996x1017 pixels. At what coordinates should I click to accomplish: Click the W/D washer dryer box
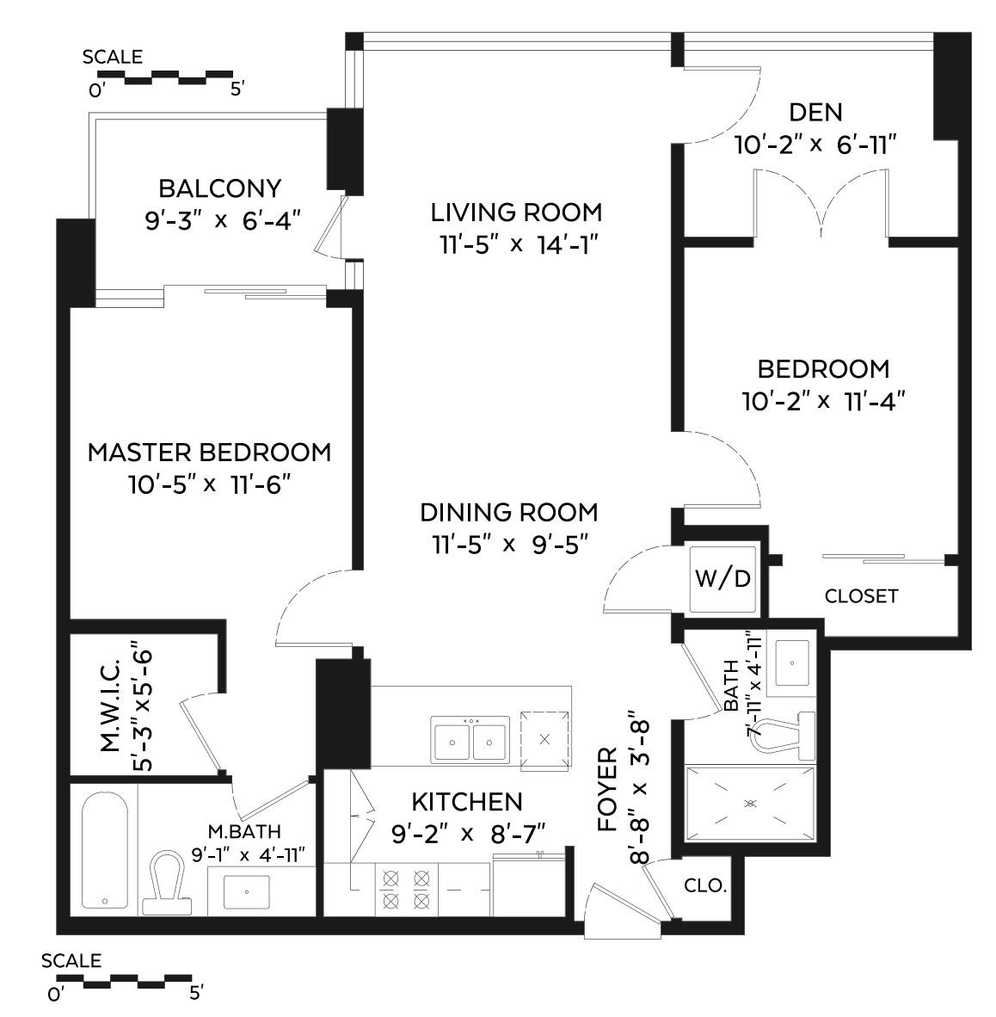(722, 579)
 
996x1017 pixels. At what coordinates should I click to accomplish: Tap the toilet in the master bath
(168, 881)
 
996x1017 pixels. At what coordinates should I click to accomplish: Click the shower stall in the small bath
(749, 803)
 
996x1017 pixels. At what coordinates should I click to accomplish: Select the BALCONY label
(220, 188)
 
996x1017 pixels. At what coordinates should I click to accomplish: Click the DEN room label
(815, 112)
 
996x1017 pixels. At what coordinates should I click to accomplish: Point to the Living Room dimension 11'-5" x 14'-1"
(516, 244)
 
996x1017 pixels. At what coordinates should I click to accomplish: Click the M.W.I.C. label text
(109, 715)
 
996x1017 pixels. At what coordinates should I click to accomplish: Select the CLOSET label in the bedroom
(861, 595)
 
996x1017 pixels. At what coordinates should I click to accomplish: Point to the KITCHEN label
(466, 802)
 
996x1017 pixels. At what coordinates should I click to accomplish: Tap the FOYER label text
(608, 789)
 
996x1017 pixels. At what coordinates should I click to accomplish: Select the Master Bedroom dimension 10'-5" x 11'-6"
(209, 484)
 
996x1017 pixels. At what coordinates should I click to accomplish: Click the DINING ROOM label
(508, 512)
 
